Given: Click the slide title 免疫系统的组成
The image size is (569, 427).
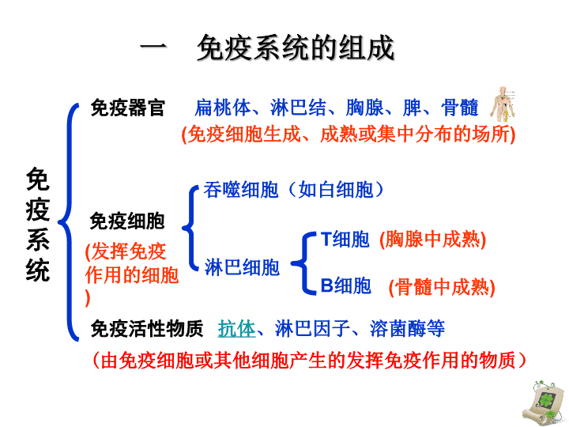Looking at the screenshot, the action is tap(296, 48).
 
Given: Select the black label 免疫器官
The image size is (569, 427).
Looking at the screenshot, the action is tap(128, 108).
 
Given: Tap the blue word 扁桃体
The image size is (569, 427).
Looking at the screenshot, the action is tap(223, 108).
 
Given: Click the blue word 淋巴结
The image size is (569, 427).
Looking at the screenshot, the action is tap(298, 108).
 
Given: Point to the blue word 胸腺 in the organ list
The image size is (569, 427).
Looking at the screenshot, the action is tap(364, 108).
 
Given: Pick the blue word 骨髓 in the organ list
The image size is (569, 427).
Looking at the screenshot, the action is tap(460, 108).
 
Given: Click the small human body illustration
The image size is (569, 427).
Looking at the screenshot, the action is tap(503, 104).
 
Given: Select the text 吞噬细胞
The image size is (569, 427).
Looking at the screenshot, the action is tap(241, 190).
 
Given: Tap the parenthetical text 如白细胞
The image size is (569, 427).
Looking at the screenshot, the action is tap(336, 190).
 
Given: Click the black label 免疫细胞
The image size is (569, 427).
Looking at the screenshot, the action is tap(127, 221).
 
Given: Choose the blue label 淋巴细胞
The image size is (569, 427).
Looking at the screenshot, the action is tap(242, 267).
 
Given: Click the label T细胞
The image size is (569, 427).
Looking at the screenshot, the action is tap(345, 240).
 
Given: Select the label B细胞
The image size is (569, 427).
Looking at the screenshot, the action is tap(346, 285).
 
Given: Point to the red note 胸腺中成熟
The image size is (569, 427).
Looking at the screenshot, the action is tap(432, 240).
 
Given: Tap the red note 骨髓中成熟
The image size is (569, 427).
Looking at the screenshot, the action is tap(442, 288).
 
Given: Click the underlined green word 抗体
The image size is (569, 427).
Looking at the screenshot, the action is tap(236, 329).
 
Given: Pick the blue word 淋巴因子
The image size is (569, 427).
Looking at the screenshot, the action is tap(312, 329).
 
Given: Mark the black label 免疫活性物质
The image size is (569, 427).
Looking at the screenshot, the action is tap(147, 329).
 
